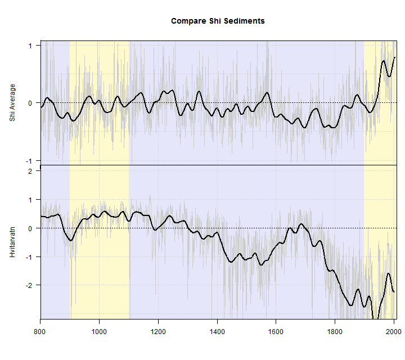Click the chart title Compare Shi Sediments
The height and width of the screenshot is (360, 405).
pos(218,21)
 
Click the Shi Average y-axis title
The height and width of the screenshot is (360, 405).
pos(12,103)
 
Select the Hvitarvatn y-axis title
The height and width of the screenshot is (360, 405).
pos(12,242)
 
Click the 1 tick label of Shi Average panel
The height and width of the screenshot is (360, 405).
pos(30,46)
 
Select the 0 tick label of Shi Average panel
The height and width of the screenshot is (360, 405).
pos(30,103)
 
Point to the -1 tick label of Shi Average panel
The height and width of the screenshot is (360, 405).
pos(28,161)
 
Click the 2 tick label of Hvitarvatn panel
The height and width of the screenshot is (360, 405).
pos(30,171)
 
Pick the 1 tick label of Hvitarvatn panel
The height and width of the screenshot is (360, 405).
pos(30,200)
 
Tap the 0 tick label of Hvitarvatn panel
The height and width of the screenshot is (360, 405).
pos(30,228)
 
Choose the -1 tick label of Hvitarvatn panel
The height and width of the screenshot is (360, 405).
pos(28,257)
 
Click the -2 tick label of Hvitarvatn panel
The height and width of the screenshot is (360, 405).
pos(28,286)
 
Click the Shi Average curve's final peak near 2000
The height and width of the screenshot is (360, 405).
pos(395,57)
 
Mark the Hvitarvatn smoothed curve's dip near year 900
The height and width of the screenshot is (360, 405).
pos(71,240)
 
